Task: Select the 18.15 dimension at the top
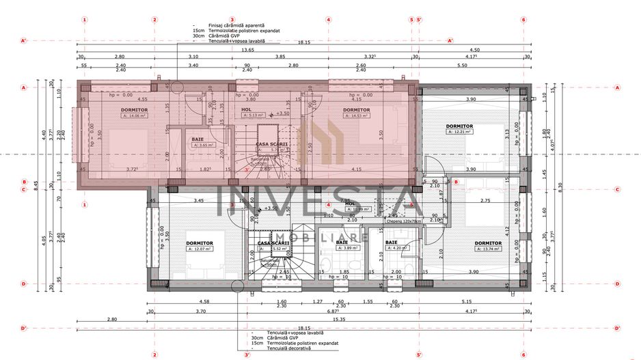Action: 303,42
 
